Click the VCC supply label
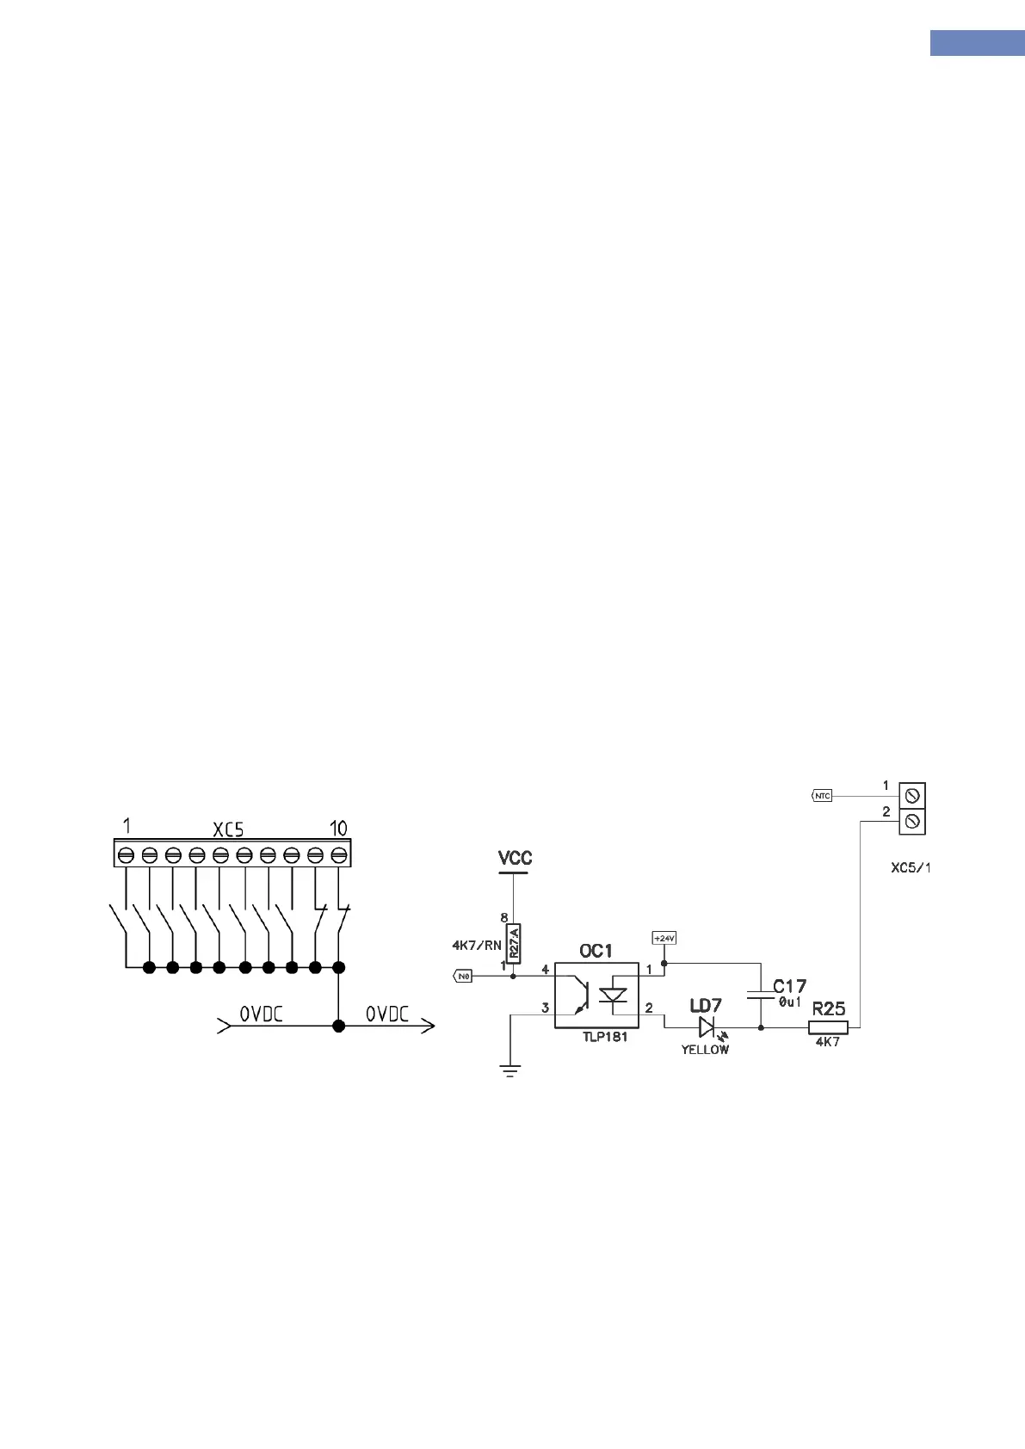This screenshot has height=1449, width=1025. [x=515, y=858]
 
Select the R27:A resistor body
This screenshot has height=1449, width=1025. [x=514, y=943]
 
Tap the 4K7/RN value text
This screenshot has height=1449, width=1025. [x=476, y=945]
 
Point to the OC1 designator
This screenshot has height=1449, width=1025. [x=596, y=951]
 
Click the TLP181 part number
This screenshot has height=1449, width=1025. [x=604, y=1037]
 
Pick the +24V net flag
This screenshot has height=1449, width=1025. [x=664, y=938]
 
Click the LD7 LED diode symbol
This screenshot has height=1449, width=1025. [x=707, y=1027]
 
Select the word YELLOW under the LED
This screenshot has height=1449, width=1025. [x=705, y=1050]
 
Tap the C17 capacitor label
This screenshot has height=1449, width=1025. [x=789, y=986]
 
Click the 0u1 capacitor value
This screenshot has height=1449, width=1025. [x=790, y=1002]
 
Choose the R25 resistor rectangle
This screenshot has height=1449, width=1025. [x=828, y=1027]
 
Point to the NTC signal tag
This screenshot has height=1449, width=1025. [x=822, y=796]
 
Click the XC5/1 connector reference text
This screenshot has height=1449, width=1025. [x=911, y=867]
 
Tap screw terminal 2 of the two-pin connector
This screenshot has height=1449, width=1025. [x=912, y=822]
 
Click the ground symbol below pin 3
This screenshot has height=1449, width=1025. [x=510, y=1070]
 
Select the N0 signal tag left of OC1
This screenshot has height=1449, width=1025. [x=463, y=976]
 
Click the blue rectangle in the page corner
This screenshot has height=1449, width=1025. [x=977, y=43]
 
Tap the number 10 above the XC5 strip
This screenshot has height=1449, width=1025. [x=338, y=828]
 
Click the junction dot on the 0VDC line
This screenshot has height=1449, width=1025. [x=339, y=1026]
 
